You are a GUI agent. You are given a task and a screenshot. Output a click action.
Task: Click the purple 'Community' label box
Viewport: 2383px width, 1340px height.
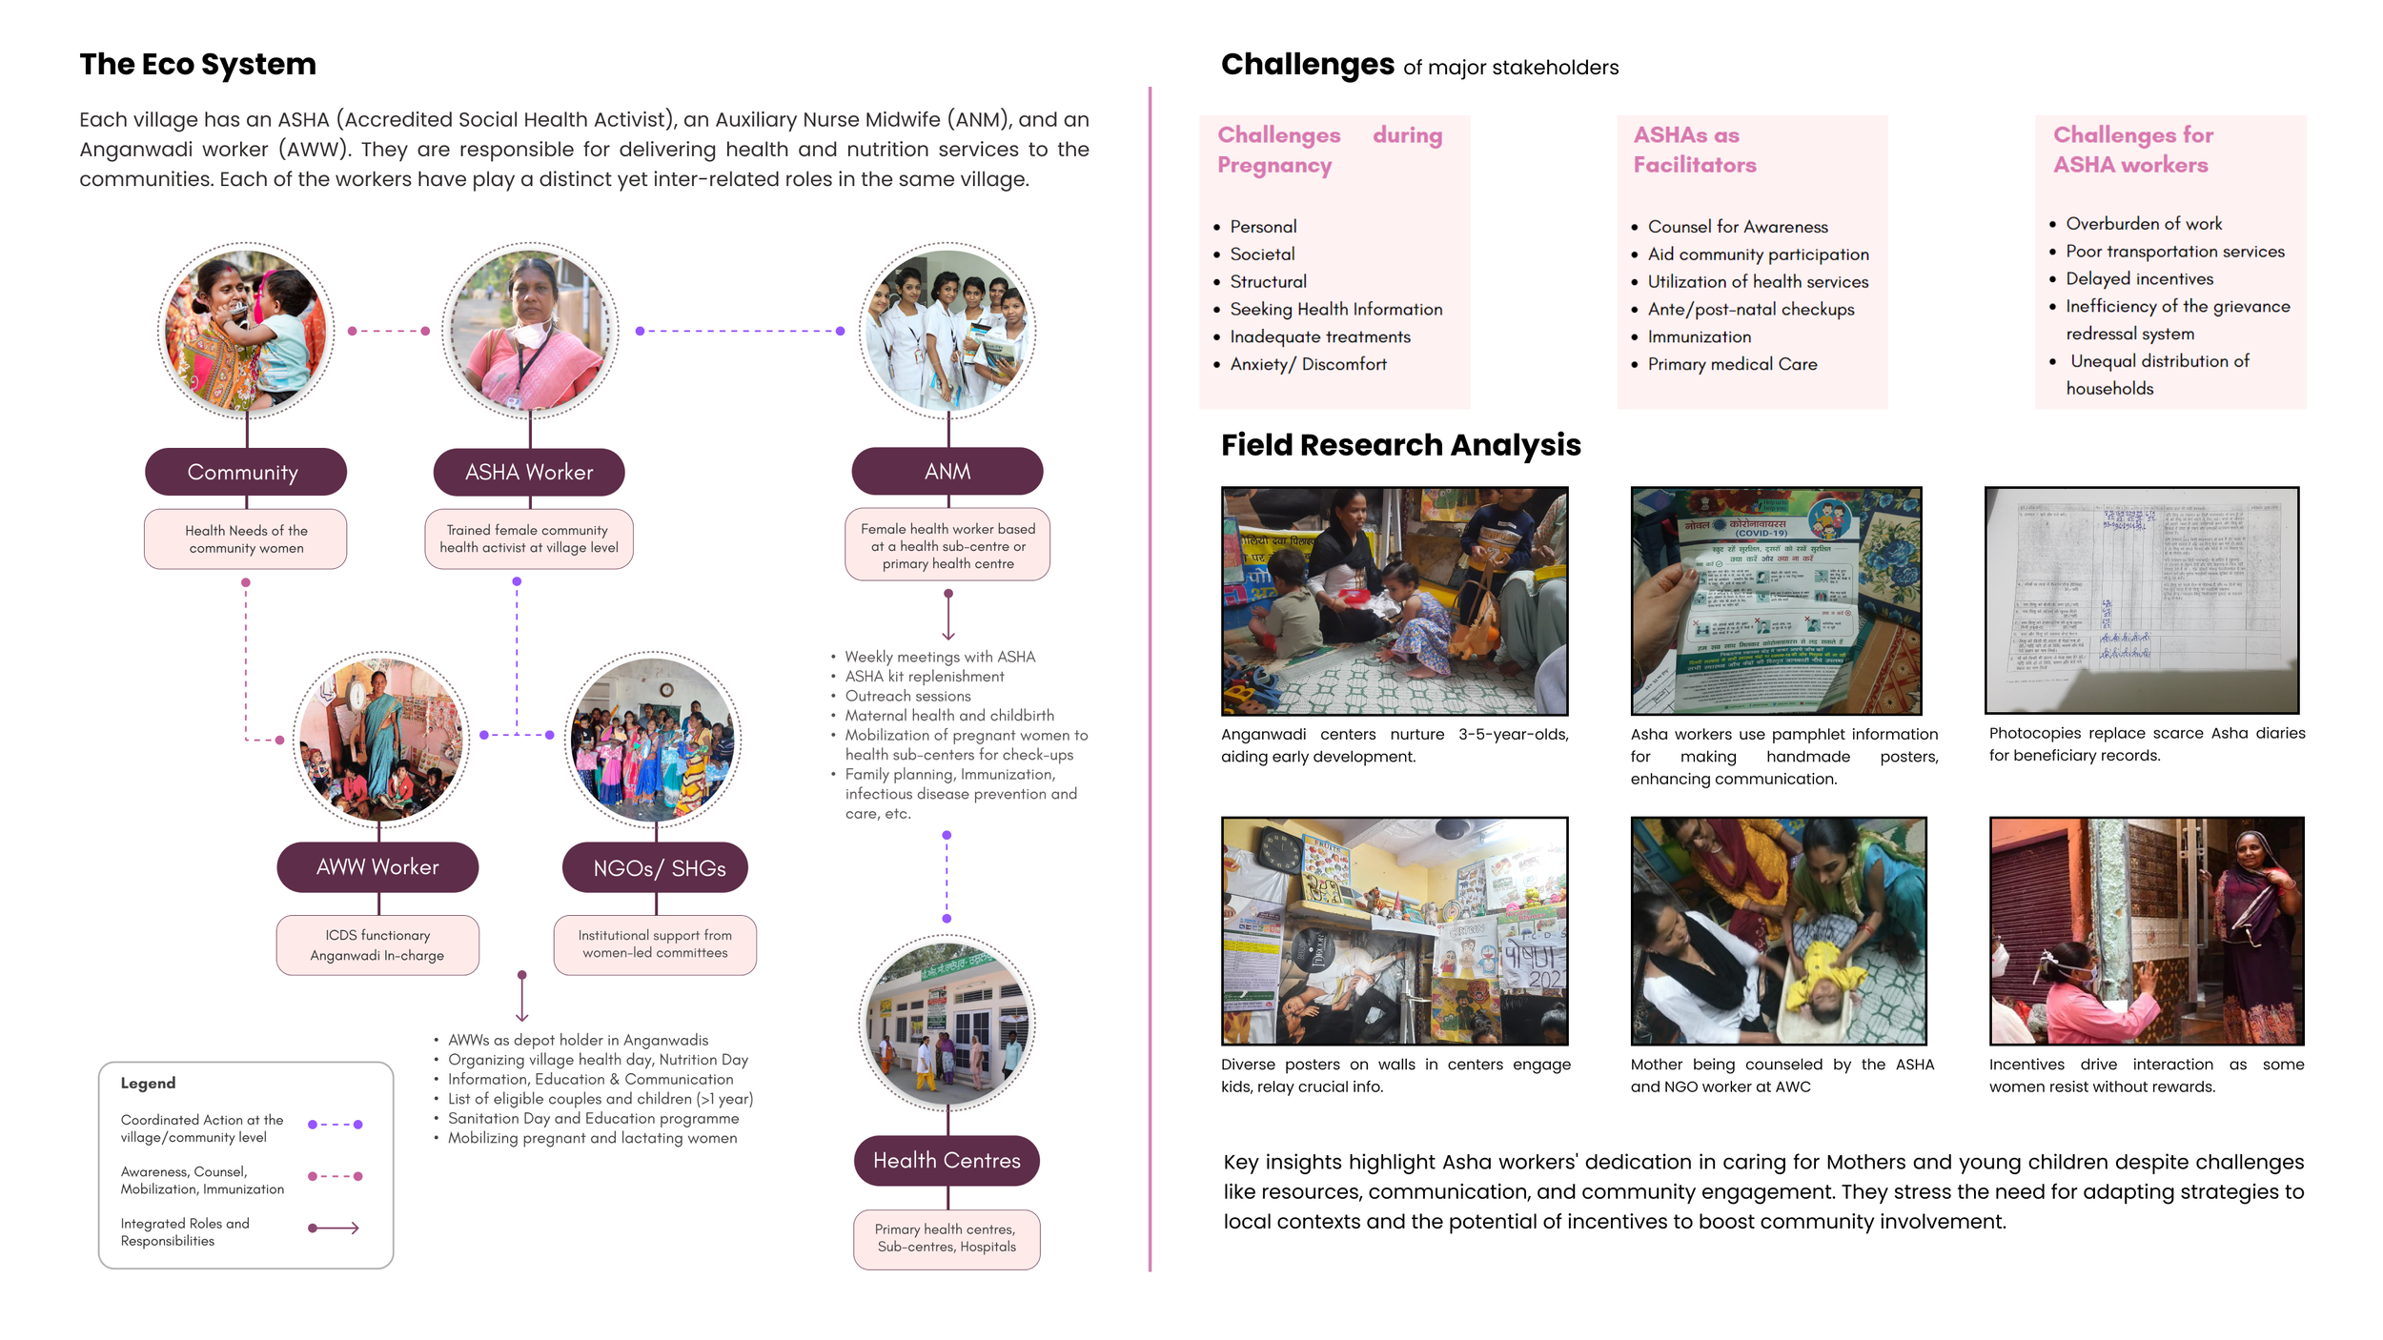point(245,472)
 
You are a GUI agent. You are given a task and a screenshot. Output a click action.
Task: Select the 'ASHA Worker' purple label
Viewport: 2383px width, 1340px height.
point(529,472)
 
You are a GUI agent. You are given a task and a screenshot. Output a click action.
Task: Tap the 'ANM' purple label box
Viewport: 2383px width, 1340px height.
point(947,471)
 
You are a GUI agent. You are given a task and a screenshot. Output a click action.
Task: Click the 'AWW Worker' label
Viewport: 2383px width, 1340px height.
point(377,866)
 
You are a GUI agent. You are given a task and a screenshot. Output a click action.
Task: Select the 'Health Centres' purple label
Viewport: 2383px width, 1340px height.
point(947,1160)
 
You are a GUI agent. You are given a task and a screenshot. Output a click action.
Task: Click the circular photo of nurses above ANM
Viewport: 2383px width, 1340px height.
point(947,330)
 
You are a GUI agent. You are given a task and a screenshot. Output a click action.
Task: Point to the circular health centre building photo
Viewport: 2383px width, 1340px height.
point(947,1023)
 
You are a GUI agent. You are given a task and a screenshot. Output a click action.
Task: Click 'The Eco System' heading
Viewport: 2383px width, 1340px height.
point(197,64)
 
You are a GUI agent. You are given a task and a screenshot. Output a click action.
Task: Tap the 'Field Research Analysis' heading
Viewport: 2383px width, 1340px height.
point(1400,445)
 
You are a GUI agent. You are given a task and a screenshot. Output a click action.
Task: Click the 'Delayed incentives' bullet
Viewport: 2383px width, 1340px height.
point(2139,278)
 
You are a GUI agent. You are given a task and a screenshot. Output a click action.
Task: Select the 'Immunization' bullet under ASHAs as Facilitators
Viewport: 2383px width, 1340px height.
point(1699,336)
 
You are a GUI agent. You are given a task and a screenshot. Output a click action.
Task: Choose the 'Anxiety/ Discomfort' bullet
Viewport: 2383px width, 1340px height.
point(1308,364)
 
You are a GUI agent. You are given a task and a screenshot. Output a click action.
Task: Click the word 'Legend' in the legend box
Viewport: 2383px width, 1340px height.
point(148,1083)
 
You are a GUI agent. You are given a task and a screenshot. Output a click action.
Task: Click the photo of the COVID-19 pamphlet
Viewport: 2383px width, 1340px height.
point(1776,600)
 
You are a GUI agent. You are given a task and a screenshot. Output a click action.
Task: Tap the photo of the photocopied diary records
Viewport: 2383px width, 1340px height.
point(2141,599)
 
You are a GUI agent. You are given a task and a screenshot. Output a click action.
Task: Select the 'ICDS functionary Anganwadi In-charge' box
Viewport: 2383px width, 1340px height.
point(377,944)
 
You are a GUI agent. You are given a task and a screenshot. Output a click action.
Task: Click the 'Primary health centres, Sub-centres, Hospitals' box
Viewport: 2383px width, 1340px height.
point(947,1238)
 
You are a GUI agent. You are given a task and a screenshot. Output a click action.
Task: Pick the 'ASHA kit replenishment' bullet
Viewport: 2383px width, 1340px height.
point(924,676)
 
